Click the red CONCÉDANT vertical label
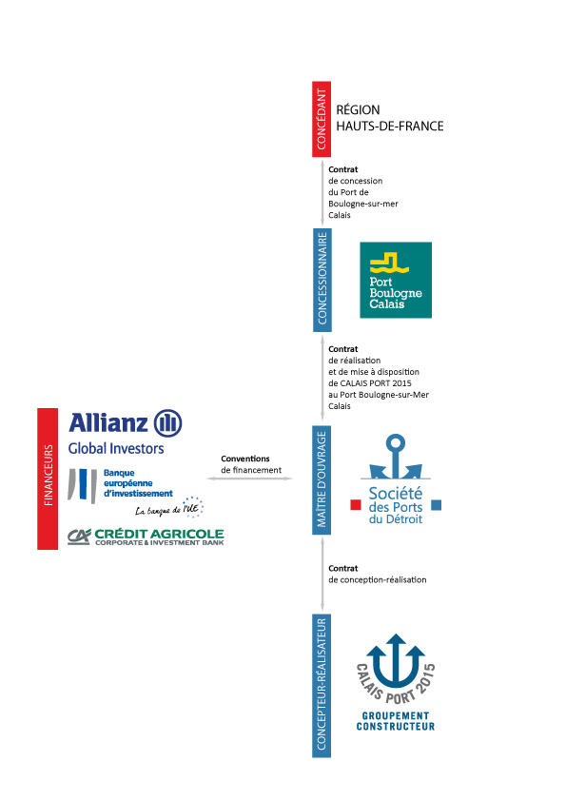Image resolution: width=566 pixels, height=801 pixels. click(322, 119)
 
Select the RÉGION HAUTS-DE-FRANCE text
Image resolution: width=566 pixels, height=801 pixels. click(389, 118)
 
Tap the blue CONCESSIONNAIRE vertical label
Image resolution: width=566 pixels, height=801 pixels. click(322, 280)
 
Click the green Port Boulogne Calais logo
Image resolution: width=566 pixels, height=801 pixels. click(396, 280)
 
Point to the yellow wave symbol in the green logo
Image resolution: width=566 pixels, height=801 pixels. click(389, 263)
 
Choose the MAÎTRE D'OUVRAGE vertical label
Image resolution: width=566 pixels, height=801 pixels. click(322, 479)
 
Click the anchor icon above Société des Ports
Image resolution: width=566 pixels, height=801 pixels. click(396, 457)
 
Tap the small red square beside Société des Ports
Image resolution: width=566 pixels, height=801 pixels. click(356, 505)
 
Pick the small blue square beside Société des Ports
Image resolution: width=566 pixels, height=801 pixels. click(437, 505)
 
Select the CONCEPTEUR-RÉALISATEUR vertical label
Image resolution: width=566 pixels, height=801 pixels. click(322, 686)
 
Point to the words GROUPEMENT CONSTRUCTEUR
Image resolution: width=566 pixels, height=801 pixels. click(396, 721)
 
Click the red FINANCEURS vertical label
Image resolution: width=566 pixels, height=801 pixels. click(48, 479)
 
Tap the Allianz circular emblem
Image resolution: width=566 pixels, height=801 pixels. click(168, 423)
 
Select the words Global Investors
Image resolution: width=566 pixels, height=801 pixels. click(116, 448)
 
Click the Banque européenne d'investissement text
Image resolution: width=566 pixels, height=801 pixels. click(138, 483)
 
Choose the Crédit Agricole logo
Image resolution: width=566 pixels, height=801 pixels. click(146, 537)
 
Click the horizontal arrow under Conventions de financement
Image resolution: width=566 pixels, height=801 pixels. click(250, 479)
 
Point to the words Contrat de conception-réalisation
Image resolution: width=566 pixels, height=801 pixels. click(378, 575)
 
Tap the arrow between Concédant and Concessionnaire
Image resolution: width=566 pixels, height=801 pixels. click(322, 192)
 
